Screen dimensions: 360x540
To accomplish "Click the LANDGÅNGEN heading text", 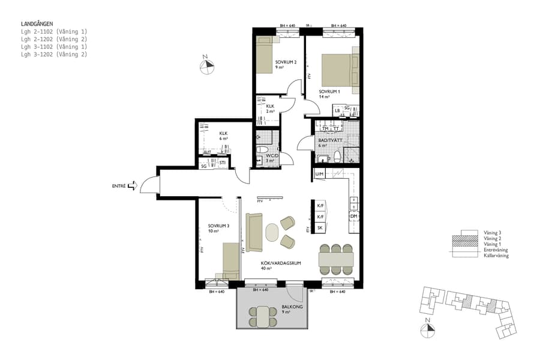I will pos(37,23).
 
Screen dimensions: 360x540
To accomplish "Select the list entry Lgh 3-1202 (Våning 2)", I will pos(54,55).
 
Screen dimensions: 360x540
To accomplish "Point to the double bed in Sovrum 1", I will pos(340,70).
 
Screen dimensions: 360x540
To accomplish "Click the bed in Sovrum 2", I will pos(266,55).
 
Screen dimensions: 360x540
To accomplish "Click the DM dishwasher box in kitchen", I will pos(353,216).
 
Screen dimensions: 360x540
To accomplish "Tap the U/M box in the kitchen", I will pos(320,175).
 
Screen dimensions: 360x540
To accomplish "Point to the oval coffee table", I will pos(272,231).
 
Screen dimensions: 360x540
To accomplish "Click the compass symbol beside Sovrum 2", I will pos(206,66).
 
